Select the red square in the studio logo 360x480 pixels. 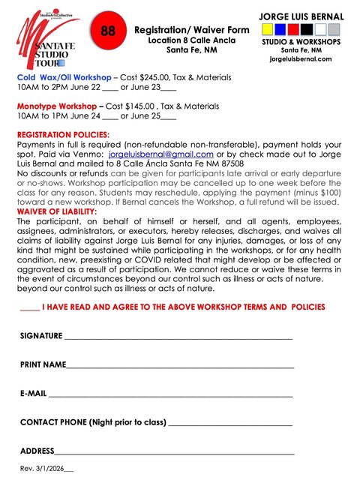pos(278,30)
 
